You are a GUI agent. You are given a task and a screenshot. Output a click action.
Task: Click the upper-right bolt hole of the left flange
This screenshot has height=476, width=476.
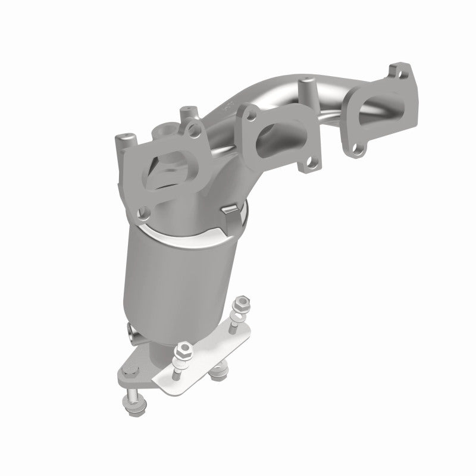click(192, 126)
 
